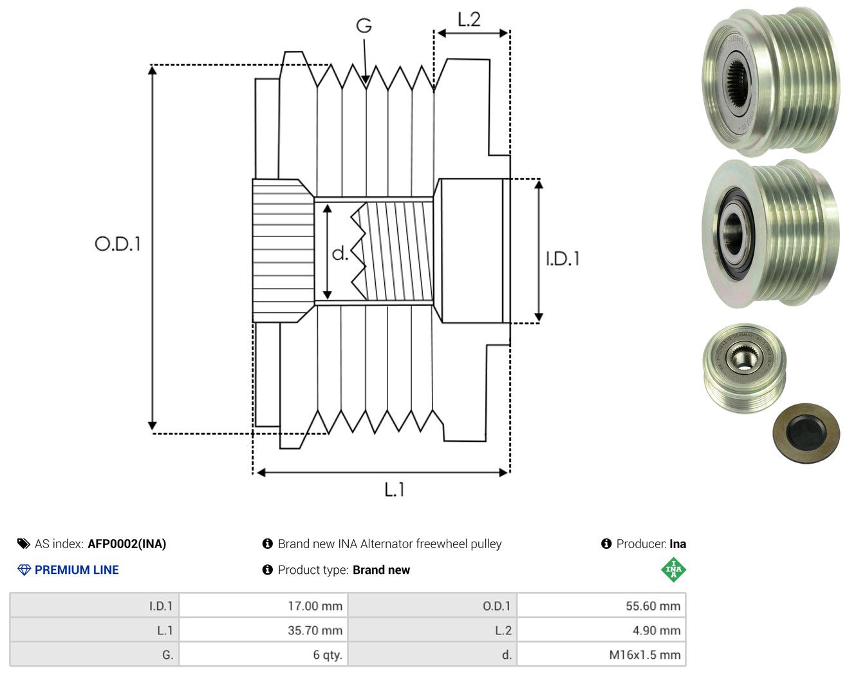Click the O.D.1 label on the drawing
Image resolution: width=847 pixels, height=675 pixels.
point(117,244)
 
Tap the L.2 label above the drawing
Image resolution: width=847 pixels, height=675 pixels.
point(469,19)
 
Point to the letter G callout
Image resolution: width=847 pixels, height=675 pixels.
point(364,26)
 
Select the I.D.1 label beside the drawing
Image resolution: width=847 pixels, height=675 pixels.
point(563,259)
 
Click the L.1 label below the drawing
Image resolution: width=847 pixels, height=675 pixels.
point(395,490)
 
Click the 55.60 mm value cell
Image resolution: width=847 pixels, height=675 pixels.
point(601,605)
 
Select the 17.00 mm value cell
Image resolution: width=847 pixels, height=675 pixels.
point(263,605)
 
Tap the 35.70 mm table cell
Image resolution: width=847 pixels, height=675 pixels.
point(263,630)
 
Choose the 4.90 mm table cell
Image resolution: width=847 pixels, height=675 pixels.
point(601,630)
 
